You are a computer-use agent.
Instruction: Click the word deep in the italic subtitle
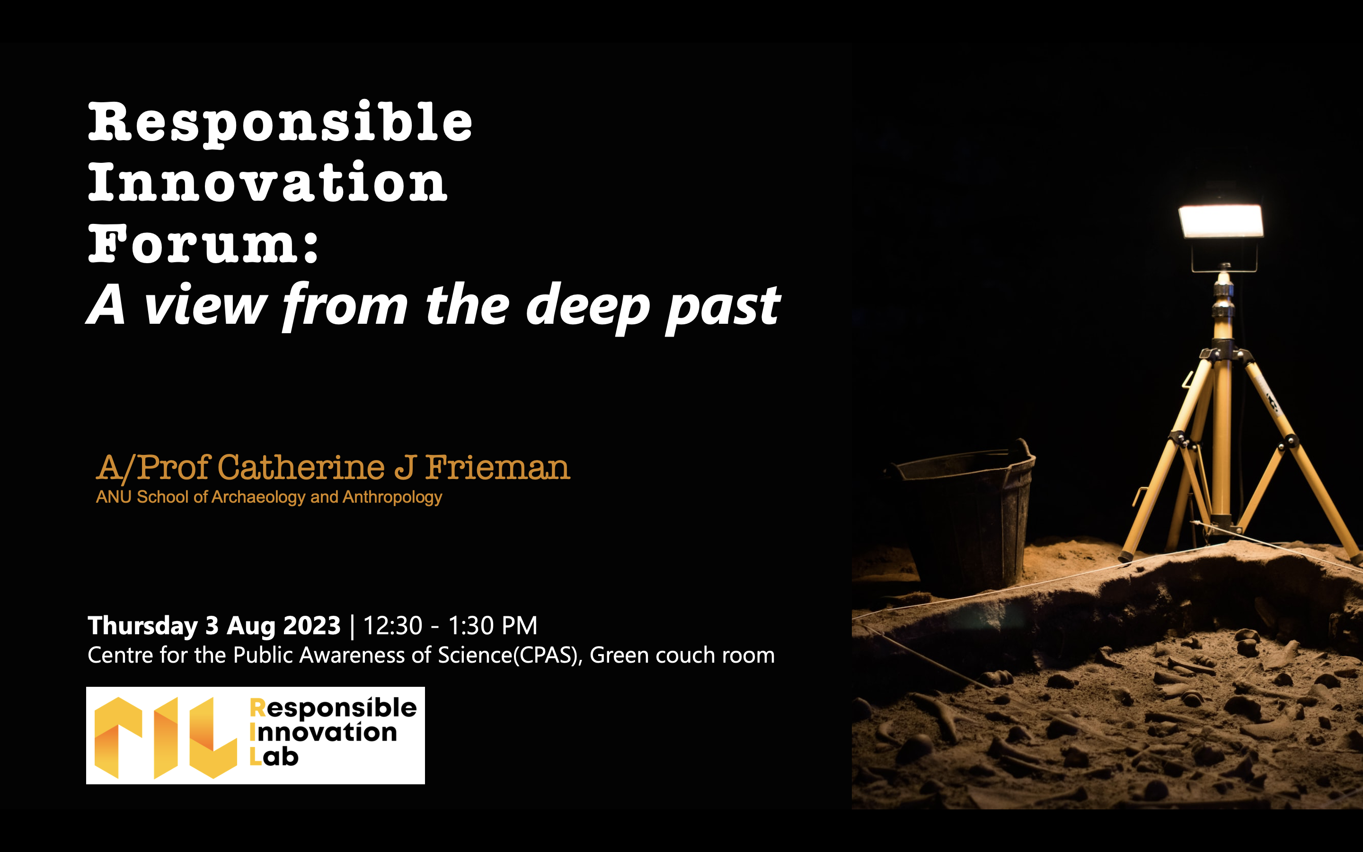[x=588, y=307]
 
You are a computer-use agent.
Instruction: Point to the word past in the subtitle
[x=723, y=308]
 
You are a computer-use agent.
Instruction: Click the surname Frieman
[x=497, y=467]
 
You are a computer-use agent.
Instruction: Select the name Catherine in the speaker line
[x=301, y=467]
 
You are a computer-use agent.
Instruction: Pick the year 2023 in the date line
[x=311, y=625]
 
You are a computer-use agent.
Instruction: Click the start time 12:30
[x=392, y=625]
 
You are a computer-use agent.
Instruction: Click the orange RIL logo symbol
[x=166, y=737]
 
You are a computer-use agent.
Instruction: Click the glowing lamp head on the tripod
[x=1221, y=222]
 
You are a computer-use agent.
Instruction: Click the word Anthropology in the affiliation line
[x=392, y=497]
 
